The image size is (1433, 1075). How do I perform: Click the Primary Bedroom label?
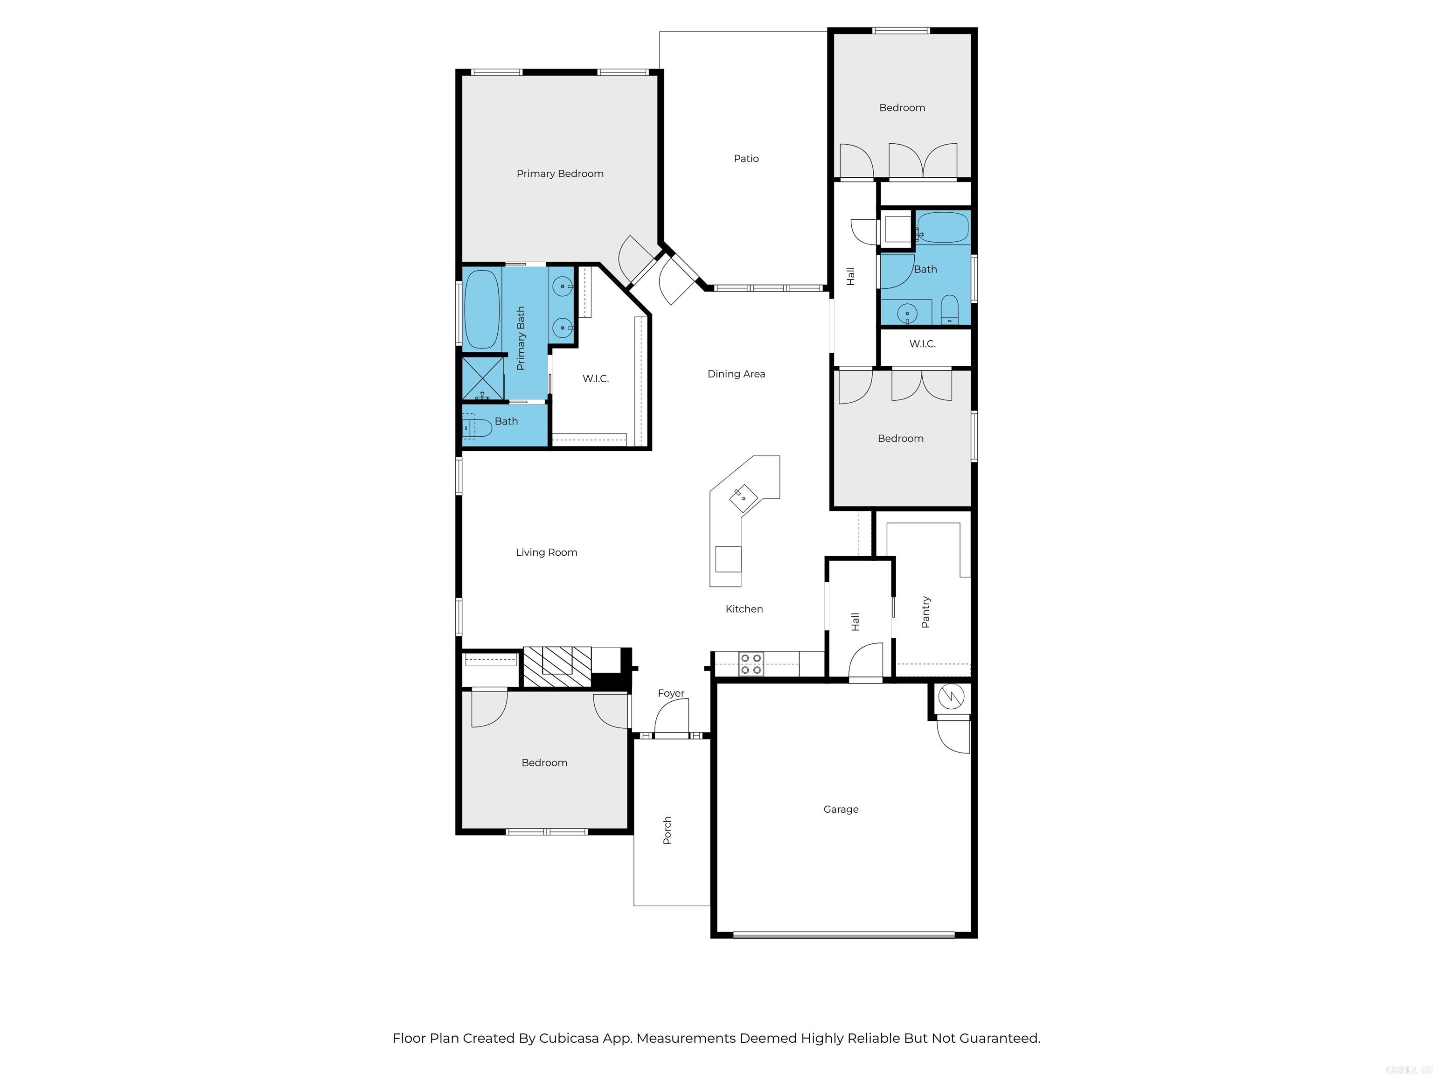(x=560, y=174)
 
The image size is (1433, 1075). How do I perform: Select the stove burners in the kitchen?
(x=751, y=664)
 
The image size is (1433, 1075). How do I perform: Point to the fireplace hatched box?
(x=557, y=667)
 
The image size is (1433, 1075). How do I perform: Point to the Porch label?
(x=667, y=830)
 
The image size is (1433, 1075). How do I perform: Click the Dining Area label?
(x=736, y=374)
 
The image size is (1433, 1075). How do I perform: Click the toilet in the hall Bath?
(x=949, y=310)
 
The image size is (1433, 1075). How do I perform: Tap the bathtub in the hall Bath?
(x=943, y=227)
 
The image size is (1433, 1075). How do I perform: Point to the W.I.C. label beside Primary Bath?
(x=595, y=378)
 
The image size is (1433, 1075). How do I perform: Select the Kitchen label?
(x=744, y=609)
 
